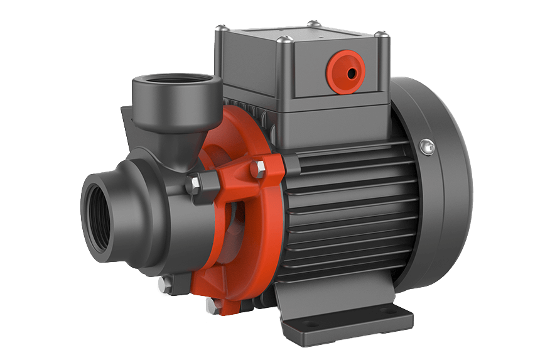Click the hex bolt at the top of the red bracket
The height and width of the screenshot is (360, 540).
coord(258,168)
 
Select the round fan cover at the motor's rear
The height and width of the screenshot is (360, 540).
coord(433,188)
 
